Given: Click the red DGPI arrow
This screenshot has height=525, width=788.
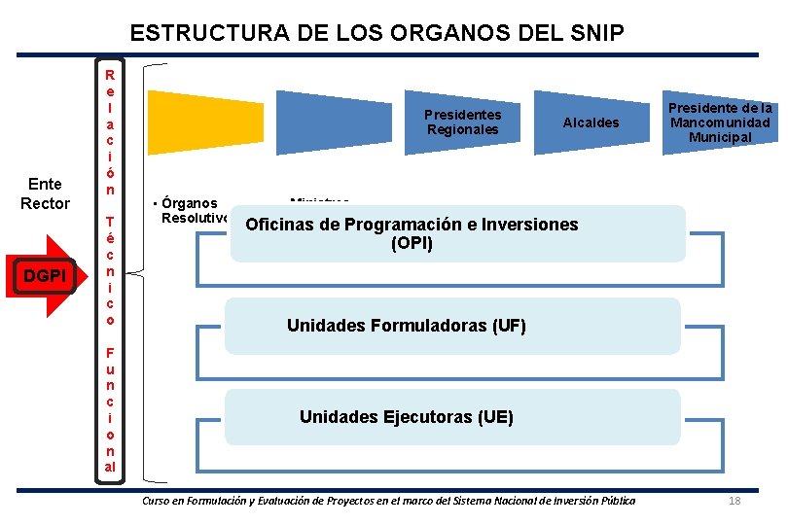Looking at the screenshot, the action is click(x=50, y=276).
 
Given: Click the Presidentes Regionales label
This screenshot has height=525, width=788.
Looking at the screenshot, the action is click(x=462, y=122).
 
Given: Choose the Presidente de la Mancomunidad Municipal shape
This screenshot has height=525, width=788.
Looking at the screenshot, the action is click(x=720, y=122).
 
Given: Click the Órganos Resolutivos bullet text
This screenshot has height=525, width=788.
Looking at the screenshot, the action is click(x=192, y=210).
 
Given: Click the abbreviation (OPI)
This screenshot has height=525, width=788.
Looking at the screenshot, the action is click(x=412, y=244).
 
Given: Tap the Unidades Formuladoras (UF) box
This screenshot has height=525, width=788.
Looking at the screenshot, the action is click(x=451, y=326).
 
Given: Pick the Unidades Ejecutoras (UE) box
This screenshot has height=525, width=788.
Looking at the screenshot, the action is click(x=451, y=417).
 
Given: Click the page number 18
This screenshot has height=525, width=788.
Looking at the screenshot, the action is click(x=734, y=501).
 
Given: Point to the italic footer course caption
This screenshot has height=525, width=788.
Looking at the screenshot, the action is click(x=388, y=501).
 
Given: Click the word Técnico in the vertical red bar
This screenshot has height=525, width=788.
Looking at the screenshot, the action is click(x=110, y=270).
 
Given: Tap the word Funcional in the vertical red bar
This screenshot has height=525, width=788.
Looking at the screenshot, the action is click(x=110, y=408).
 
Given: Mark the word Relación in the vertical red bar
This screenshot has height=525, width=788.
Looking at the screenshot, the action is click(x=110, y=131).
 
